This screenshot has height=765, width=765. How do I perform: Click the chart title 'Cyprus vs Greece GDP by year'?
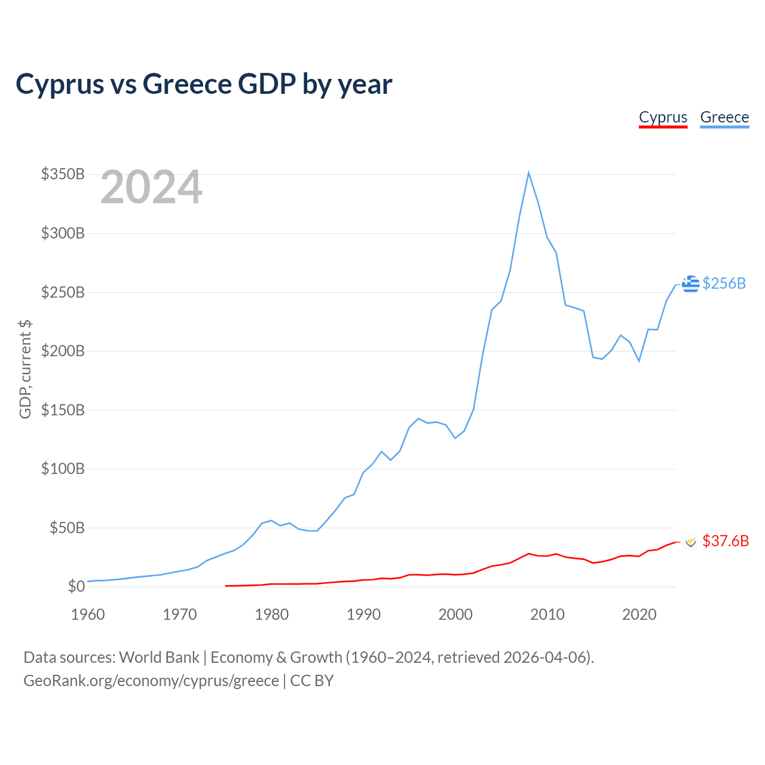coord(204,84)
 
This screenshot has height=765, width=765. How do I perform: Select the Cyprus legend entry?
coord(663,118)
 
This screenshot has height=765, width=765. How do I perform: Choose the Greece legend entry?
coord(724,118)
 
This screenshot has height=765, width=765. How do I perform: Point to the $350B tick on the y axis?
coord(63,174)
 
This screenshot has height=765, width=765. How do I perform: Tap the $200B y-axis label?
coord(63,351)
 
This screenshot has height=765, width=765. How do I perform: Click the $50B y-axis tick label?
coord(67,528)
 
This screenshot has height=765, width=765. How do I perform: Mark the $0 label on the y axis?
coord(76,586)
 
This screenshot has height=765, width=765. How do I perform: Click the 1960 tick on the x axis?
coord(88,614)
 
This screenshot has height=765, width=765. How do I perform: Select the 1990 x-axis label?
coord(363,614)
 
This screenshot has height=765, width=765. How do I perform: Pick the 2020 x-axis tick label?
coord(639,614)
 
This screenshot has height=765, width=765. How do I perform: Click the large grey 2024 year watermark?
coord(151,186)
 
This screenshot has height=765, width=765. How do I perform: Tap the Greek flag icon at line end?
coord(690,284)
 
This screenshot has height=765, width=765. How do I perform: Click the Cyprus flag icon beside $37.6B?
coord(691,542)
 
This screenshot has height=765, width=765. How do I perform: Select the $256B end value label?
coord(724,283)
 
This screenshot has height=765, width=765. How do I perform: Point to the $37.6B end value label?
coord(726,541)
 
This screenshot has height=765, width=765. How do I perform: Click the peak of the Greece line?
coord(528,173)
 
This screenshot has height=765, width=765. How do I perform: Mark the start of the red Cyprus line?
coord(225,586)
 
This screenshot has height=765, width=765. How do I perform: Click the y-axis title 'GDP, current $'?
coord(25,369)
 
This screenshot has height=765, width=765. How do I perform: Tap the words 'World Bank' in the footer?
coord(159,658)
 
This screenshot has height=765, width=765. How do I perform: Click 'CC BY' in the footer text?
coord(312,681)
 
